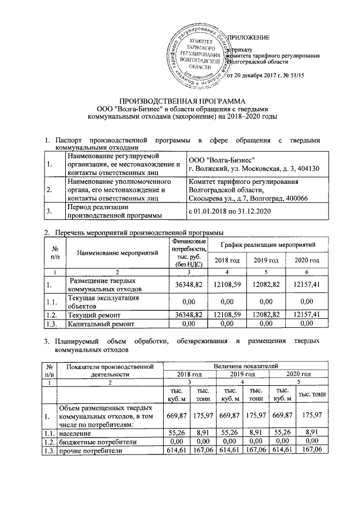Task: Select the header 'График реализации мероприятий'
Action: pos(267,245)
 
